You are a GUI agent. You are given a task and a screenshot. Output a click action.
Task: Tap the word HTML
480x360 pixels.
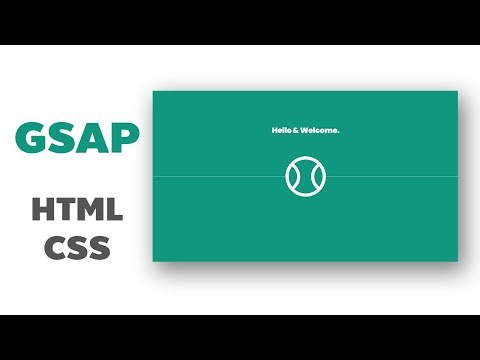77,210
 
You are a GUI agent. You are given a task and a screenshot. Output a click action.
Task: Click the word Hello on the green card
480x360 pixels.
283,130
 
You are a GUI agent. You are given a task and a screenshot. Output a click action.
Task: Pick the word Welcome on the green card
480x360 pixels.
322,130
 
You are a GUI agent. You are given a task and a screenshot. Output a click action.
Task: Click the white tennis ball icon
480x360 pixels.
304,176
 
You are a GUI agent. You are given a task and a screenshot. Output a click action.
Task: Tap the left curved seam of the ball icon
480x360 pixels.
292,176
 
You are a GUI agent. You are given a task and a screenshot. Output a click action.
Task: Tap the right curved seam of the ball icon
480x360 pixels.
316,176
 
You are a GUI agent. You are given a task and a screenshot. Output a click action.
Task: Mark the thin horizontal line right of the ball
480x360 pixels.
390,176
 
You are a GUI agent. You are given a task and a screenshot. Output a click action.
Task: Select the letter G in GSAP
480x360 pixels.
31,139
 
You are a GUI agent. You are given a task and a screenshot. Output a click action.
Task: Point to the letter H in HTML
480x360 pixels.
44,210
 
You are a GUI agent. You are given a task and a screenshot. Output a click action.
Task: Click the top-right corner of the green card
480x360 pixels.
457,92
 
